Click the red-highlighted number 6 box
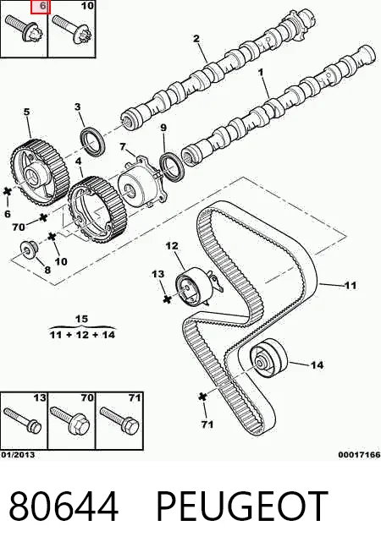point(41,7)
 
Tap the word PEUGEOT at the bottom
point(242,505)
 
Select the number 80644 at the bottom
point(63,506)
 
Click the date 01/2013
point(18,454)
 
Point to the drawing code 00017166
point(359,455)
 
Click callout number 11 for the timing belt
point(350,285)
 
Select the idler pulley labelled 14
point(268,359)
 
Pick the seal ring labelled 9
point(173,166)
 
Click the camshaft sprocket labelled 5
point(40,172)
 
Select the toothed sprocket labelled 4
point(97,209)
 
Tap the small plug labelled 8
point(29,249)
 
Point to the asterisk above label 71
point(202,396)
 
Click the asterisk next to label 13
point(167,299)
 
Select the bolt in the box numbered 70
point(71,419)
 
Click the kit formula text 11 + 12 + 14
point(82,334)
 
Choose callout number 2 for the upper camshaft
point(196,38)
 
